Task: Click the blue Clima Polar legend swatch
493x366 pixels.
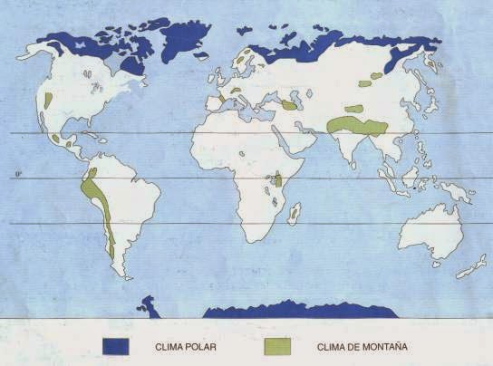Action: click(117, 346)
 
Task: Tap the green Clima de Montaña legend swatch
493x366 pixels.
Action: click(278, 346)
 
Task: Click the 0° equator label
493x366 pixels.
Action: click(18, 174)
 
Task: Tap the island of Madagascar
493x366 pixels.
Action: click(294, 214)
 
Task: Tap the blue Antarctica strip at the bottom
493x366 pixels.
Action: click(299, 311)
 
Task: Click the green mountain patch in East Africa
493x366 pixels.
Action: click(279, 180)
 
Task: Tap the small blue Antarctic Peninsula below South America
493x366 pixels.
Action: click(149, 308)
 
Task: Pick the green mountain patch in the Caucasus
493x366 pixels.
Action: click(289, 105)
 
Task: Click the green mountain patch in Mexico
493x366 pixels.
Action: click(56, 140)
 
